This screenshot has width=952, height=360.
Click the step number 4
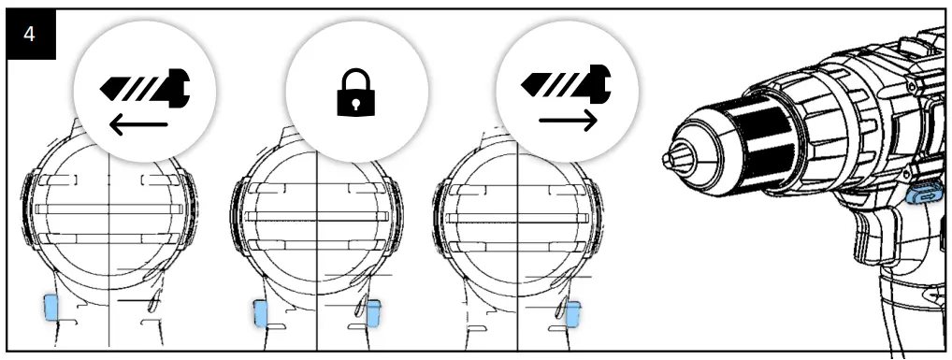pyautogui.click(x=30, y=35)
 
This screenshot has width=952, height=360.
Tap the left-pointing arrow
pyautogui.click(x=137, y=125)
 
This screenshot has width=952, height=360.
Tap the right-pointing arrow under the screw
pyautogui.click(x=568, y=121)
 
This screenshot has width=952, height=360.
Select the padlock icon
pyautogui.click(x=356, y=93)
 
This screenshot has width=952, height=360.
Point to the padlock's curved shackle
pyautogui.click(x=356, y=77)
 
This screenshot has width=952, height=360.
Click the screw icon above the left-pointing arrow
pyautogui.click(x=145, y=88)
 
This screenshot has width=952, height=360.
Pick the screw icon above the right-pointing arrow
pyautogui.click(x=566, y=83)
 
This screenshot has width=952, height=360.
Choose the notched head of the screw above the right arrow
pyautogui.click(x=600, y=83)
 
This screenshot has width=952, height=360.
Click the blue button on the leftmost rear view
pyautogui.click(x=50, y=308)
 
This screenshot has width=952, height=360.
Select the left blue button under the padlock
pyautogui.click(x=260, y=313)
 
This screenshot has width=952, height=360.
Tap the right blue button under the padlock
pyautogui.click(x=373, y=313)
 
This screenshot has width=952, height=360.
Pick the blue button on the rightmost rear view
pyautogui.click(x=572, y=314)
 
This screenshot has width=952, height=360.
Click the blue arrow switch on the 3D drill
pyautogui.click(x=926, y=195)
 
